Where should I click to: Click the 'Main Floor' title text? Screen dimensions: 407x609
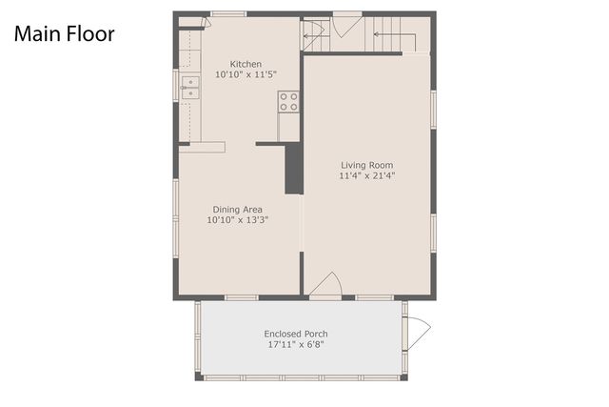tap(64, 34)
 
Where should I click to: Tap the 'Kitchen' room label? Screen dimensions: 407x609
tap(238, 64)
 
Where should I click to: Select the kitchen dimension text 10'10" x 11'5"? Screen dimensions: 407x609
tap(238, 74)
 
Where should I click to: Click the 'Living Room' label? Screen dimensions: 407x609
tap(366, 165)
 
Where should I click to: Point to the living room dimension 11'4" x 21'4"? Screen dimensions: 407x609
tap(366, 175)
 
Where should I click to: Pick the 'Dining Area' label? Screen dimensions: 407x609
tap(238, 210)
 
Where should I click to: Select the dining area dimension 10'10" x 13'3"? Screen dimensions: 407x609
tap(238, 220)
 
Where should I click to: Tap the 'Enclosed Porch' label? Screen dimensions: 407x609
tap(296, 334)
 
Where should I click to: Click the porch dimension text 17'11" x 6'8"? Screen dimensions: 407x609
tap(296, 344)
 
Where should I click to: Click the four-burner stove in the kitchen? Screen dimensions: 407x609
tap(288, 102)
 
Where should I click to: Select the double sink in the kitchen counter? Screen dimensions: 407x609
tap(190, 88)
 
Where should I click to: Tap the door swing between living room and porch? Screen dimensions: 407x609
tap(326, 285)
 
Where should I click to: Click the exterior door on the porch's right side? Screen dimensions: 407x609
tap(417, 332)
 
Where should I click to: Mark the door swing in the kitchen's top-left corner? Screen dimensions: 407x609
tap(193, 21)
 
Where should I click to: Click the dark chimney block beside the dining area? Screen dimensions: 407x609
tap(294, 170)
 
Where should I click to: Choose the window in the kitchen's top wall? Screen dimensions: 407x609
tap(228, 13)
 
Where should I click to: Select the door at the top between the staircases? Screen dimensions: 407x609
tap(346, 23)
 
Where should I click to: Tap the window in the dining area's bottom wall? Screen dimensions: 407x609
tap(241, 297)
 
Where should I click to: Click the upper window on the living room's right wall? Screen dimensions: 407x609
tap(433, 109)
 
